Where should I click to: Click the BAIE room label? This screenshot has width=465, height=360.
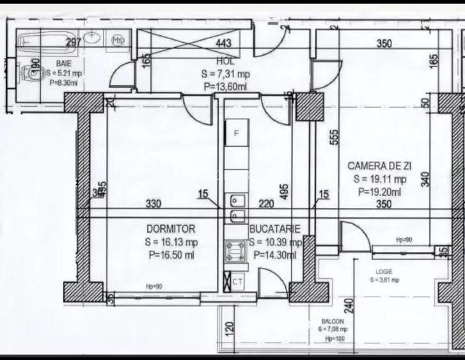(x=63, y=64)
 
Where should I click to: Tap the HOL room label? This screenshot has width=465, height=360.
(x=226, y=62)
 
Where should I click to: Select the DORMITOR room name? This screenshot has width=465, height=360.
(x=171, y=229)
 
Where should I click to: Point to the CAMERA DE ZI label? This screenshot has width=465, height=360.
(x=380, y=166)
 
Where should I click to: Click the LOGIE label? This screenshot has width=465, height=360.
(x=384, y=271)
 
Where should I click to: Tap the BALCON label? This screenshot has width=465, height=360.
(x=333, y=322)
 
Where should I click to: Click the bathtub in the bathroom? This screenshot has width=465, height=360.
(x=48, y=42)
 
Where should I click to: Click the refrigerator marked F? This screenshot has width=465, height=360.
(x=235, y=133)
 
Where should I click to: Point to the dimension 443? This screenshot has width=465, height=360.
(x=223, y=43)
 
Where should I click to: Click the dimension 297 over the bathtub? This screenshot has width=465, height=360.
(x=75, y=43)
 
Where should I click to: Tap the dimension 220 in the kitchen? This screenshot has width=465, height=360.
(x=266, y=205)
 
